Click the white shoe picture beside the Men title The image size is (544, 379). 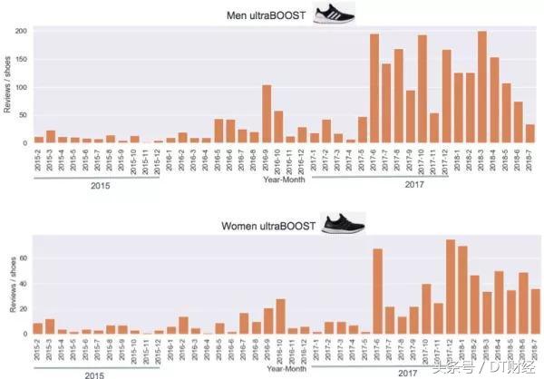[333, 13]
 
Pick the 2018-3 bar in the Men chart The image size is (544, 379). [481, 87]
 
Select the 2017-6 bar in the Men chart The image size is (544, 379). [374, 89]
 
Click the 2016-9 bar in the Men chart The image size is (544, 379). [267, 114]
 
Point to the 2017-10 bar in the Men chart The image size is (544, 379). [422, 89]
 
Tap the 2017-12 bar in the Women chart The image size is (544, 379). [451, 287]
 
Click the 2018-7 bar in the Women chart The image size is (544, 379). [535, 311]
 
